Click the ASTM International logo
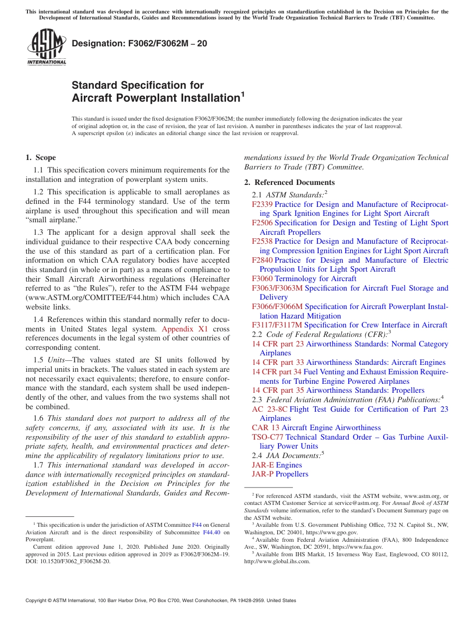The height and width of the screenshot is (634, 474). [x=46, y=47]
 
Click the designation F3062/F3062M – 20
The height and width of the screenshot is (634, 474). [x=139, y=43]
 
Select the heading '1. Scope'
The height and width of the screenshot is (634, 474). [x=41, y=158]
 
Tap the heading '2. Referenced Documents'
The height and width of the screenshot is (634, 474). [x=289, y=182]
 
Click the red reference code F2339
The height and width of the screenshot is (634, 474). [x=262, y=204]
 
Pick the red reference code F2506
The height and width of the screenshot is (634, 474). [x=262, y=223]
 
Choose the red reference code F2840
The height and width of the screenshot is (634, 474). [x=262, y=260]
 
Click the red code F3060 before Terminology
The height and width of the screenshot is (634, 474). [x=262, y=279]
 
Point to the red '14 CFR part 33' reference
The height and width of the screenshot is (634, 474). [x=277, y=362]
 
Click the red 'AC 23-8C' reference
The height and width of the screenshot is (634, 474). [x=269, y=409]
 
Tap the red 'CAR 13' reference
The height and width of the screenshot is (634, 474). [x=265, y=428]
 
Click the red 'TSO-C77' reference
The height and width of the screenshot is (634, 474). [x=267, y=437]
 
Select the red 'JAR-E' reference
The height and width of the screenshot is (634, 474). [x=263, y=465]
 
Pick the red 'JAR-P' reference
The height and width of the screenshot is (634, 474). [x=263, y=474]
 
